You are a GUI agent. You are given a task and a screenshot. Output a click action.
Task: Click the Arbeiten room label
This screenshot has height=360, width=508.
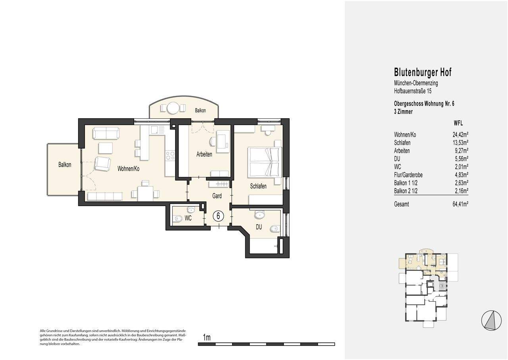pos(204,154)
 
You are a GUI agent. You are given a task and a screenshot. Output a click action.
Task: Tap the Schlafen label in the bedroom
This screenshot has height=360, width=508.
pos(258,186)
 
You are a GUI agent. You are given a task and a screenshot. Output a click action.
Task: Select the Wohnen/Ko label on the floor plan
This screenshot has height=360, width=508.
pos(128,169)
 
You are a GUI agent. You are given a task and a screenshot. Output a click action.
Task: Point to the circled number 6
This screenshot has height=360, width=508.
pos(218,216)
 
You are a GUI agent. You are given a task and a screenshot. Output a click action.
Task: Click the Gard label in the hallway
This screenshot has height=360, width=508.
pos(217,196)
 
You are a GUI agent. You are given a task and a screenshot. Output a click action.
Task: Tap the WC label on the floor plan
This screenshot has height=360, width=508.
pos(188,218)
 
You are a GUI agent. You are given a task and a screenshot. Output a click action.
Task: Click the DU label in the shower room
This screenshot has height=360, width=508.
pos(259,227)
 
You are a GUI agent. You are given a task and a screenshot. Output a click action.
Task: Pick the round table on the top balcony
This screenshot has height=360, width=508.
pos(173,108)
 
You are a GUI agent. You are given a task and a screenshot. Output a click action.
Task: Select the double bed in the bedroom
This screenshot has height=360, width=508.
pos(265,162)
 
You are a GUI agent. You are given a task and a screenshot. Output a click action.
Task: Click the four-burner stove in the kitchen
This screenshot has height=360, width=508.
pos(170,156)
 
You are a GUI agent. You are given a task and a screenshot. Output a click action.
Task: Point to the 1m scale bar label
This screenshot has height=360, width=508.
pos(207,338)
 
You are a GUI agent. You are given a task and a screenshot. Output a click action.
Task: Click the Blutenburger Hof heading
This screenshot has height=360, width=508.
pos(423,72)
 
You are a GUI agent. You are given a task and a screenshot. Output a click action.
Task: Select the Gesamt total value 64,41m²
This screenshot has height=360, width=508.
pos(460,204)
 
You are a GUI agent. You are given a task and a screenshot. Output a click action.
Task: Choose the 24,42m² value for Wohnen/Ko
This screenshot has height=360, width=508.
pos(460,135)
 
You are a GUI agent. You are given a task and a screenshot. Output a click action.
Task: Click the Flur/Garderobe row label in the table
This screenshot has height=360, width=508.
pos(408,175)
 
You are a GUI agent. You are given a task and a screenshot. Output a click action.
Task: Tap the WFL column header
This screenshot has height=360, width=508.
pos(458,123)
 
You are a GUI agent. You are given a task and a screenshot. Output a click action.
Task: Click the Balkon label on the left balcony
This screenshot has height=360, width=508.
pos(65,165)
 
